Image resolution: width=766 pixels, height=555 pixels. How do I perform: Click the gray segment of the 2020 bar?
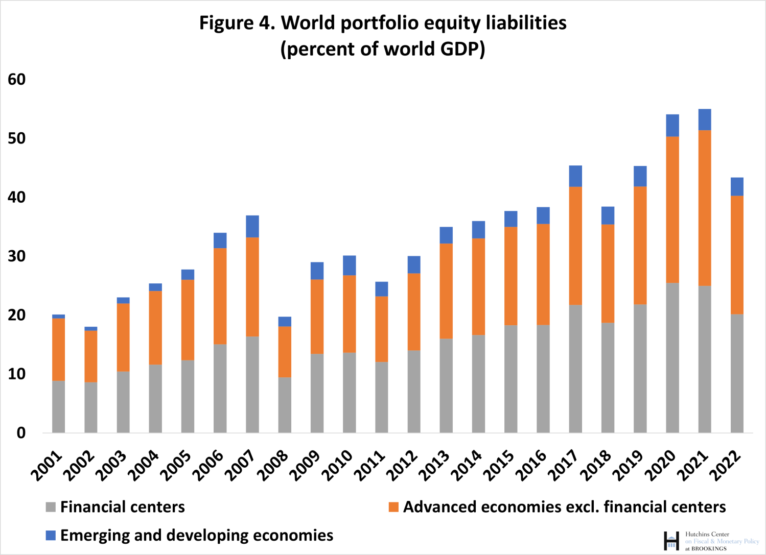[672, 357]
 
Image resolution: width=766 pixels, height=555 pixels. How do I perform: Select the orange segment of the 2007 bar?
[252, 286]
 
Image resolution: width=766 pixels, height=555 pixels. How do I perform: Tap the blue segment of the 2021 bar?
[705, 119]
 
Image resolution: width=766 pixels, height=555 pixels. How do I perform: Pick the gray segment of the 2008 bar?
[285, 405]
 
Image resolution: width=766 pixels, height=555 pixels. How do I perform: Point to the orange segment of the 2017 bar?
[575, 246]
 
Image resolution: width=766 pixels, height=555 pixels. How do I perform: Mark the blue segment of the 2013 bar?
[446, 235]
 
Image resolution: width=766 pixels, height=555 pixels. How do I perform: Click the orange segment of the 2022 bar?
[737, 254]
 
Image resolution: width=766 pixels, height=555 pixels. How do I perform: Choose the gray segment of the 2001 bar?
[59, 406]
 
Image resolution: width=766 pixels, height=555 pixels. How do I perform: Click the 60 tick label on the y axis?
[17, 79]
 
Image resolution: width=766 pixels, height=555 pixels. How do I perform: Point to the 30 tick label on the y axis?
[17, 256]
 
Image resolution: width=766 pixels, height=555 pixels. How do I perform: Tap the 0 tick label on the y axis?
[21, 433]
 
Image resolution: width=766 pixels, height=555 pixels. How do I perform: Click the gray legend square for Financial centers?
[51, 507]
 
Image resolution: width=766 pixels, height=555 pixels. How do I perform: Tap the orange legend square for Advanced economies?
[393, 507]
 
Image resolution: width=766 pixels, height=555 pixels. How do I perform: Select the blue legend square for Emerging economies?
[51, 535]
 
